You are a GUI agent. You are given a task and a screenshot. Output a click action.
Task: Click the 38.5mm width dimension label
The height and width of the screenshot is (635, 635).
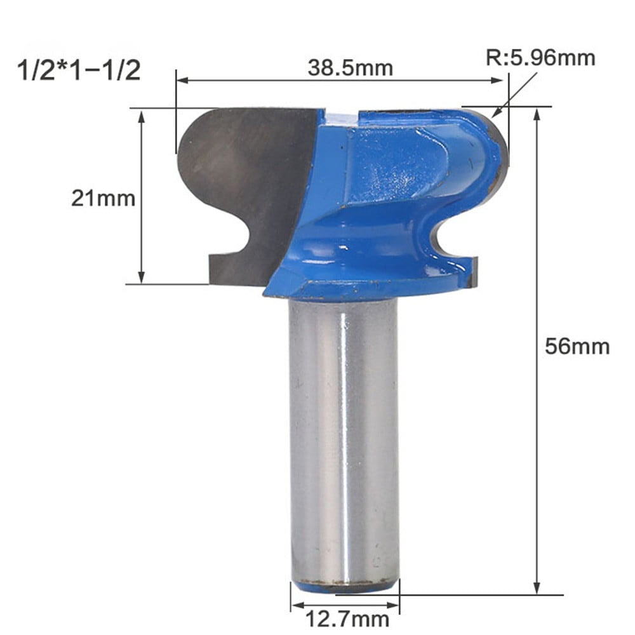tap(350, 67)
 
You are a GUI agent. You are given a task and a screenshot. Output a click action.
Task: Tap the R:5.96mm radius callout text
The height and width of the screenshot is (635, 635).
tap(540, 58)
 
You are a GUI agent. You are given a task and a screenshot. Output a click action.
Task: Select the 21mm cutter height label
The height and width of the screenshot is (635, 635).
tap(103, 199)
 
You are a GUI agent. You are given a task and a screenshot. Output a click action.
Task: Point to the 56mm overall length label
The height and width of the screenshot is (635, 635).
tap(577, 347)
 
